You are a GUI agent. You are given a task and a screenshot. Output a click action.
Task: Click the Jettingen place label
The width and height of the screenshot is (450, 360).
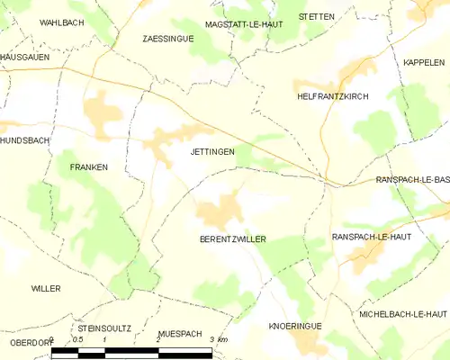click(212, 152)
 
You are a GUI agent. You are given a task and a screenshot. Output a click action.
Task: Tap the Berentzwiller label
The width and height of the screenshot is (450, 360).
click(232, 240)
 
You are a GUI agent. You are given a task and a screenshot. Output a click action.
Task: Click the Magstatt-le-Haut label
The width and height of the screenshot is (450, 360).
click(244, 24)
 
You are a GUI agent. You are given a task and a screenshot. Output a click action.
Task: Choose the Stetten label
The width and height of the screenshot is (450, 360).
click(318, 16)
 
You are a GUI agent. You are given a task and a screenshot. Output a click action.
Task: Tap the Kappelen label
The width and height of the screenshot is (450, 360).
click(424, 62)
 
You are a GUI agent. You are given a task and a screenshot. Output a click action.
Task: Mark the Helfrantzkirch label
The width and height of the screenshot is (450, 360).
click(332, 95)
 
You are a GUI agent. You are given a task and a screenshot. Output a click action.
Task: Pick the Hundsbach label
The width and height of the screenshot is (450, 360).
click(24, 141)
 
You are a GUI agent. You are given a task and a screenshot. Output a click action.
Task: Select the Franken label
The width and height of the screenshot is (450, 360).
click(89, 167)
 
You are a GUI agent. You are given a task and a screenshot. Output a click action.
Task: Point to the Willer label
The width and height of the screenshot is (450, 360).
click(45, 288)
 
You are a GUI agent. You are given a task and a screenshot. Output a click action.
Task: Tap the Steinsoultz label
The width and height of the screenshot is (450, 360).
click(104, 329)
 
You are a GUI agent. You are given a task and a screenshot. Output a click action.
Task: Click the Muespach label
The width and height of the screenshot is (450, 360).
click(179, 333)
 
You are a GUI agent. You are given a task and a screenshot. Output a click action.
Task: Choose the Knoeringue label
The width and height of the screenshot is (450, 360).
click(295, 326)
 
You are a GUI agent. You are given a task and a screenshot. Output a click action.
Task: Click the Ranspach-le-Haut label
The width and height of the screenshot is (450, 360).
click(371, 236)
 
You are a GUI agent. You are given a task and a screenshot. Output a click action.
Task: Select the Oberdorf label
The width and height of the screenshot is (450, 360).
click(25, 342)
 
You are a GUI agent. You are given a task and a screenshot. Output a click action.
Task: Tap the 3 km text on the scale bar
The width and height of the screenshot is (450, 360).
click(218, 339)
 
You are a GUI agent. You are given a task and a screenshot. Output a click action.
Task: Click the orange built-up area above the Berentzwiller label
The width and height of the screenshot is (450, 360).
click(220, 213)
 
